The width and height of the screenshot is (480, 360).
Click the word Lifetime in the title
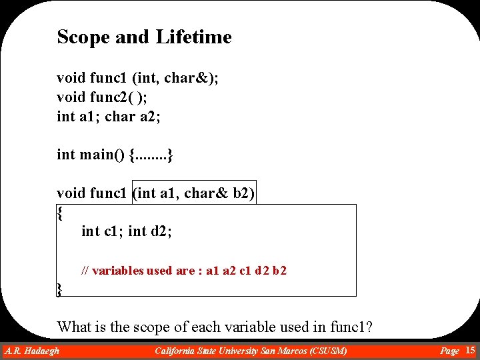193,37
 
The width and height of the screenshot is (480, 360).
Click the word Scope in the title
83,37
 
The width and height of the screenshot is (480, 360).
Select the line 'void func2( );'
103,97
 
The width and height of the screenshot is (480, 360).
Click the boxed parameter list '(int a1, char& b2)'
195,193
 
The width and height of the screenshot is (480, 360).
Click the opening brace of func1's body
60,213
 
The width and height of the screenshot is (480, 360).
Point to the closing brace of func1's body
60,289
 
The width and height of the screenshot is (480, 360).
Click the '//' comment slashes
85,271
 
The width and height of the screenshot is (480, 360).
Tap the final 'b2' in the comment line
280,271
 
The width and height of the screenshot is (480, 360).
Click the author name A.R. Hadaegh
32,351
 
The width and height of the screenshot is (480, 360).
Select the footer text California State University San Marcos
251,351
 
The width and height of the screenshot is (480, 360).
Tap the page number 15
470,350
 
